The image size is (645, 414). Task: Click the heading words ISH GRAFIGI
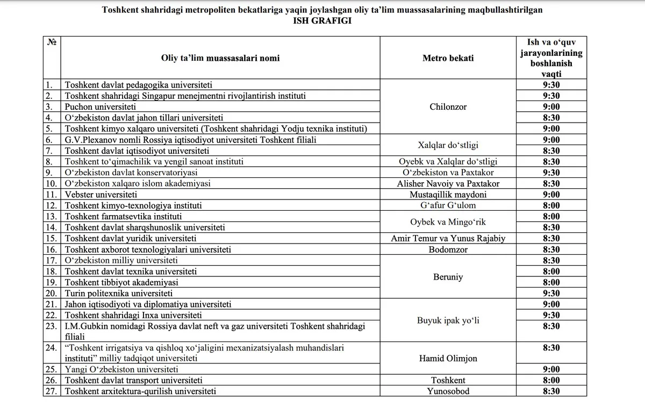[x=322, y=21]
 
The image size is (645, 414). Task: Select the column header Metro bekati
[x=448, y=58]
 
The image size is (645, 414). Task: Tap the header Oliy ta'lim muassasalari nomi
[x=220, y=58]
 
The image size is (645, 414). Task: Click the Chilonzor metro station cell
[x=448, y=106]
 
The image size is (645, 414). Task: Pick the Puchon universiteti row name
[x=100, y=106]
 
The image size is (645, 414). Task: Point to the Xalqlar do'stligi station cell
[x=448, y=145]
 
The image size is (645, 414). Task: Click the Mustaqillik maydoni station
[x=448, y=195]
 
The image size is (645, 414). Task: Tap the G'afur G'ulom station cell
[x=448, y=205]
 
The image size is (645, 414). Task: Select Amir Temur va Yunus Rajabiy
[x=448, y=238]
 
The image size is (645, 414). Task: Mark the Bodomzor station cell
[x=448, y=249]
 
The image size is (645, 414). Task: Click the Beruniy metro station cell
[x=448, y=277]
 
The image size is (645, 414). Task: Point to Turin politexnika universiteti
[x=118, y=293]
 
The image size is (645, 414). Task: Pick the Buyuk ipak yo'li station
[x=448, y=321]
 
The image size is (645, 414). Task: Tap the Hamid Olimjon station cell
[x=448, y=359]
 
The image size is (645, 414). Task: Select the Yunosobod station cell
[x=448, y=391]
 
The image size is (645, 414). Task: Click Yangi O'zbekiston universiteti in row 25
[x=123, y=369]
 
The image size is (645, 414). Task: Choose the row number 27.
[x=51, y=391]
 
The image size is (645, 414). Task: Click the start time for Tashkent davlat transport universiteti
[x=551, y=381]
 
